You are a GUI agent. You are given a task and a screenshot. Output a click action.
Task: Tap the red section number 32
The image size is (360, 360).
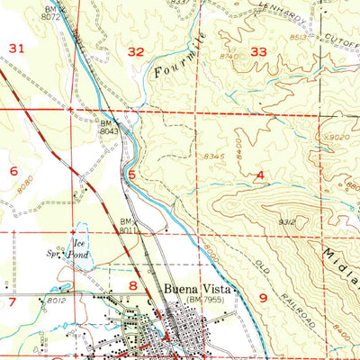pyautogui.click(x=136, y=52)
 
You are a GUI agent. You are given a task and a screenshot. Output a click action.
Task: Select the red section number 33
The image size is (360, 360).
pyautogui.click(x=258, y=52)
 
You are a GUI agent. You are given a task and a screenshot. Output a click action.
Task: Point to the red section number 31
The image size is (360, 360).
pyautogui.click(x=15, y=47)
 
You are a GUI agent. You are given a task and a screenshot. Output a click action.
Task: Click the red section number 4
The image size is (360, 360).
pyautogui.click(x=260, y=175)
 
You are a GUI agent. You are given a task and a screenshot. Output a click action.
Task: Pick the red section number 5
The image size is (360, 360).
pyautogui.click(x=132, y=175)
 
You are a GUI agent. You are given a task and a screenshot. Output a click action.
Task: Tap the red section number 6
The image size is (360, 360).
pyautogui.click(x=13, y=170)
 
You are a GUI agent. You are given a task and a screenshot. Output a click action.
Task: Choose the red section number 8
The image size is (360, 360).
pyautogui.click(x=133, y=286)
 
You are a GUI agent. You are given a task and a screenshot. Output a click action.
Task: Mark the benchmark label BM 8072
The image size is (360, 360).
pyautogui.click(x=51, y=11)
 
